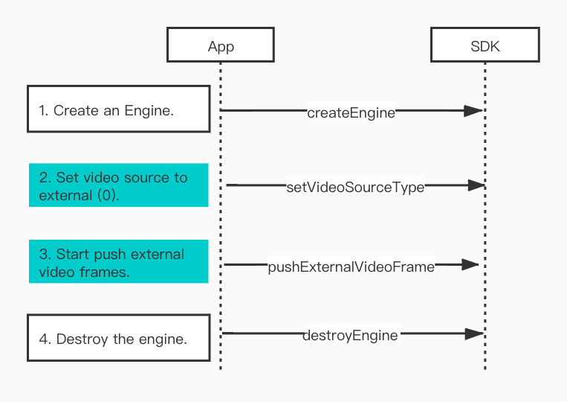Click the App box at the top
click(221, 45)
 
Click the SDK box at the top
click(485, 45)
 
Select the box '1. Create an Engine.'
click(119, 109)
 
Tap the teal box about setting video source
click(119, 185)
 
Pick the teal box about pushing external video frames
click(119, 261)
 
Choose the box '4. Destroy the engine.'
click(119, 338)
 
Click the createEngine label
click(351, 113)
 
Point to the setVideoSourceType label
click(355, 188)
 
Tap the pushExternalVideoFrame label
click(351, 267)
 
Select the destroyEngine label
click(350, 335)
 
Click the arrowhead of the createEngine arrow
click(473, 110)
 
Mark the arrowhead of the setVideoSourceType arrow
click(476, 185)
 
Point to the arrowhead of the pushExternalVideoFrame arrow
click(470, 265)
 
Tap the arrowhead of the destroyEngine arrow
click(474, 334)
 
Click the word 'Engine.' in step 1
click(149, 111)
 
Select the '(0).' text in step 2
click(108, 196)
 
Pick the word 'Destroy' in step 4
click(82, 339)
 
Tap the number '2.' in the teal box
click(45, 177)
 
